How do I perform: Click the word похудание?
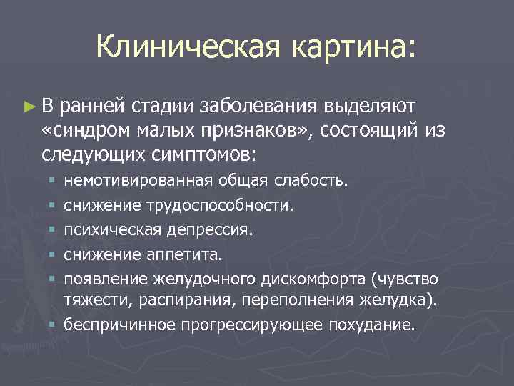[371, 325]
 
